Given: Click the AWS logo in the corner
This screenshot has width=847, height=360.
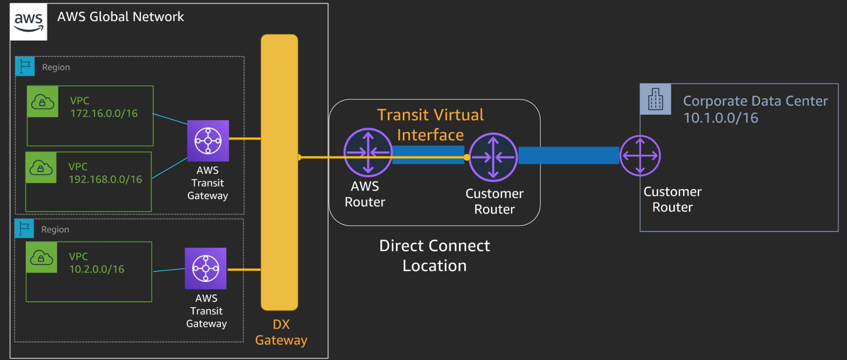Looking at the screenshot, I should pos(28,22).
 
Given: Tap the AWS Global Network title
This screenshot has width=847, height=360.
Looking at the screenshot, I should pos(121,17).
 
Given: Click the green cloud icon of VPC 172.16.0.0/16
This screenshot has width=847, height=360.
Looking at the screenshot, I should pos(42,101).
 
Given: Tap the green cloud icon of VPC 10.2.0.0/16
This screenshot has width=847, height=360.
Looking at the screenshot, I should pos(42,258).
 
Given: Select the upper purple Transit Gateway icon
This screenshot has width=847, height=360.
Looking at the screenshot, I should pos(208,141).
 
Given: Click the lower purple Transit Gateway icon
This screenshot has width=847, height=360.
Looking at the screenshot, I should pos(205,269).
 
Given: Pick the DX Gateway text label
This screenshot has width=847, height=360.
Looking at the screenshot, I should pos(281,332).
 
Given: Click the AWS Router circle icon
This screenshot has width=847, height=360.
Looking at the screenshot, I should pos(368,153).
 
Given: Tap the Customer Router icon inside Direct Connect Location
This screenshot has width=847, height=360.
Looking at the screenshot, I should pos(493,157).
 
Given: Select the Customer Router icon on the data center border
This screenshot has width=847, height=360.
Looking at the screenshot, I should pos(640,156).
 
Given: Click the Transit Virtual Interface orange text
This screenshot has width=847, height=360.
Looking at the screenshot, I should pos(430,125).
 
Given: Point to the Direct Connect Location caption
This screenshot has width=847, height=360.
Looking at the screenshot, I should pos(435,255).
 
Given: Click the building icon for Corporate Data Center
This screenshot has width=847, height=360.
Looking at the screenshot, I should pos(656,99).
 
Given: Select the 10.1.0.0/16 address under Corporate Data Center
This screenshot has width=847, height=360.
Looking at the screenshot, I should pos(721,118).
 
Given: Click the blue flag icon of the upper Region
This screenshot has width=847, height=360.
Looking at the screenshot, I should pos(25,66).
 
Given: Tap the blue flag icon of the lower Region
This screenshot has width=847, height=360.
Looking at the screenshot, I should pos(24,228).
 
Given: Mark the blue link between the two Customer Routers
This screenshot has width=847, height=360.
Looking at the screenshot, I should pos(568,155).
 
